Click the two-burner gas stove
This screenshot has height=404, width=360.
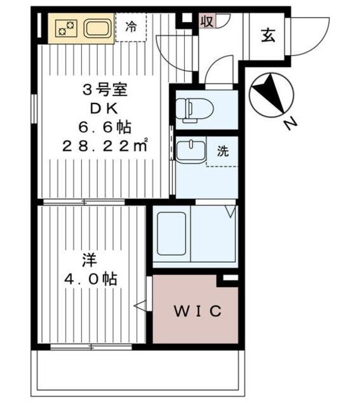64,28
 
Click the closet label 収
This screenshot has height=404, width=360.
206,21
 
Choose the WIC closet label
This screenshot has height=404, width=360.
197,311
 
